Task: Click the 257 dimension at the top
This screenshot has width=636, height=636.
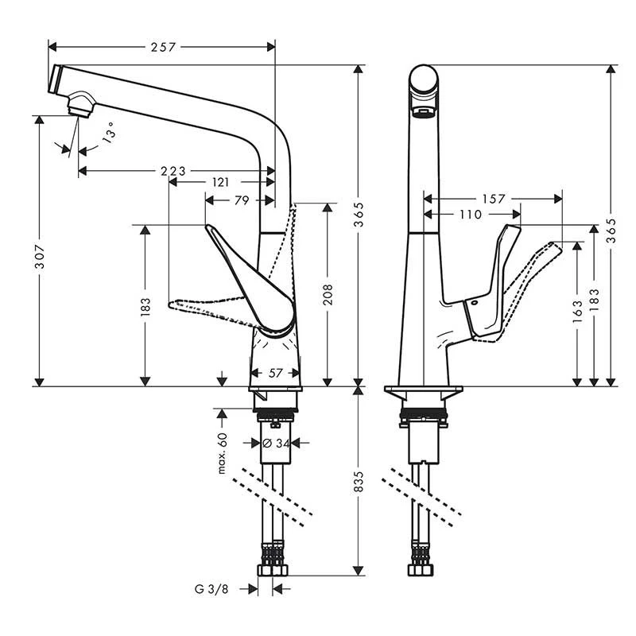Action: pyautogui.click(x=162, y=47)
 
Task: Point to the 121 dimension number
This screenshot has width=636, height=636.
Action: pyautogui.click(x=220, y=182)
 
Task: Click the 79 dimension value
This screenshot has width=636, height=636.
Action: pyautogui.click(x=241, y=201)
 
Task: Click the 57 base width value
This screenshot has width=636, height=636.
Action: pyautogui.click(x=275, y=372)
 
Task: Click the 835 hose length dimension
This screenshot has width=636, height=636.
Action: pyautogui.click(x=359, y=480)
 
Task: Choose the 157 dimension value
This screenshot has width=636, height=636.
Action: pyautogui.click(x=493, y=199)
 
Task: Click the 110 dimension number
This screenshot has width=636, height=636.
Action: pyautogui.click(x=471, y=214)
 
